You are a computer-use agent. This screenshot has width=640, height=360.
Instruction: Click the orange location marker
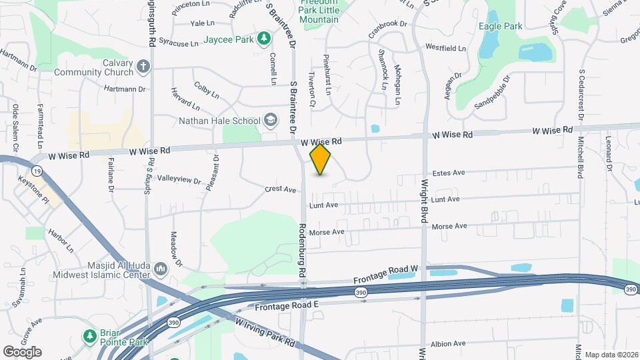point(321,159)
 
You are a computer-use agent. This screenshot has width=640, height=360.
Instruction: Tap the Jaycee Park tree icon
point(264,39)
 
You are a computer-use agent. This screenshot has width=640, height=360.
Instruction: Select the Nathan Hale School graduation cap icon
point(270,120)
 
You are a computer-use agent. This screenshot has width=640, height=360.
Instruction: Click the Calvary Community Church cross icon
point(143,66)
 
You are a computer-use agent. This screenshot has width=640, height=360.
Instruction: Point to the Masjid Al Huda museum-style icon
point(160,269)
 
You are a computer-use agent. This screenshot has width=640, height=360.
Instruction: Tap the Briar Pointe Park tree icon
point(89,335)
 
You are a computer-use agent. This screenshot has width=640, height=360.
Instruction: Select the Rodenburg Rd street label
point(301,250)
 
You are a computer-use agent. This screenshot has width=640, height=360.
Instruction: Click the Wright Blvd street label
point(423,201)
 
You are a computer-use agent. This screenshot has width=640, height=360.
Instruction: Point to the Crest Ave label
point(280,190)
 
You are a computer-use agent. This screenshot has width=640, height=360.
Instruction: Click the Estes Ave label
point(449,173)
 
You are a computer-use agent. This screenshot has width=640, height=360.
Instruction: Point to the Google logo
point(22,352)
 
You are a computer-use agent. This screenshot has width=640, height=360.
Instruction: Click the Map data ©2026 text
point(611,355)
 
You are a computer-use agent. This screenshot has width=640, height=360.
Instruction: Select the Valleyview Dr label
point(179,180)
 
